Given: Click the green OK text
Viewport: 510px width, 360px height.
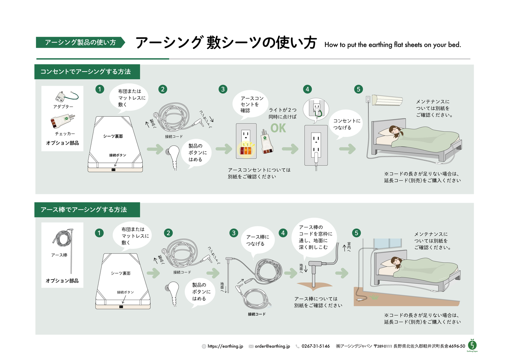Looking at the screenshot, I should coord(278,128).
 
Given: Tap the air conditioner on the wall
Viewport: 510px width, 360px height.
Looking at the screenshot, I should coord(387,100).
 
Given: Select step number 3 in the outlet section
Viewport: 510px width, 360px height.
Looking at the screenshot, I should coord(223,89).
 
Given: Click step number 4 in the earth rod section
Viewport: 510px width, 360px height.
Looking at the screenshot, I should coord(283,233).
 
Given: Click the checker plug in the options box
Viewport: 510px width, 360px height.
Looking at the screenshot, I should coord(62,121).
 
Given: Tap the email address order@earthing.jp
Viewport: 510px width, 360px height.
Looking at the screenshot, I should coord(272,346).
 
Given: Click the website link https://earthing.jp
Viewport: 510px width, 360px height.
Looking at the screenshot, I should coord(225,346).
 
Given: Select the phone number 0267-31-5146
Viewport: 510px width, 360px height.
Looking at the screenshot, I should coord(316,346).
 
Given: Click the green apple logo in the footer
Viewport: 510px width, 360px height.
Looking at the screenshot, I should coord(472,344).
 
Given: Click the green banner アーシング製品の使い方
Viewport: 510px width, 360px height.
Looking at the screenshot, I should coord(80,42).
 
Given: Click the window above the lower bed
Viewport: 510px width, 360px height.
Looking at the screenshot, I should coord(388,243).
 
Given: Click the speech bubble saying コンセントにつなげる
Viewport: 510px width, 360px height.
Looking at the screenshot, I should coord(347,124).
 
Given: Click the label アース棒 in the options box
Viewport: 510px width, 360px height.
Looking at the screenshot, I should coord(59,255).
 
